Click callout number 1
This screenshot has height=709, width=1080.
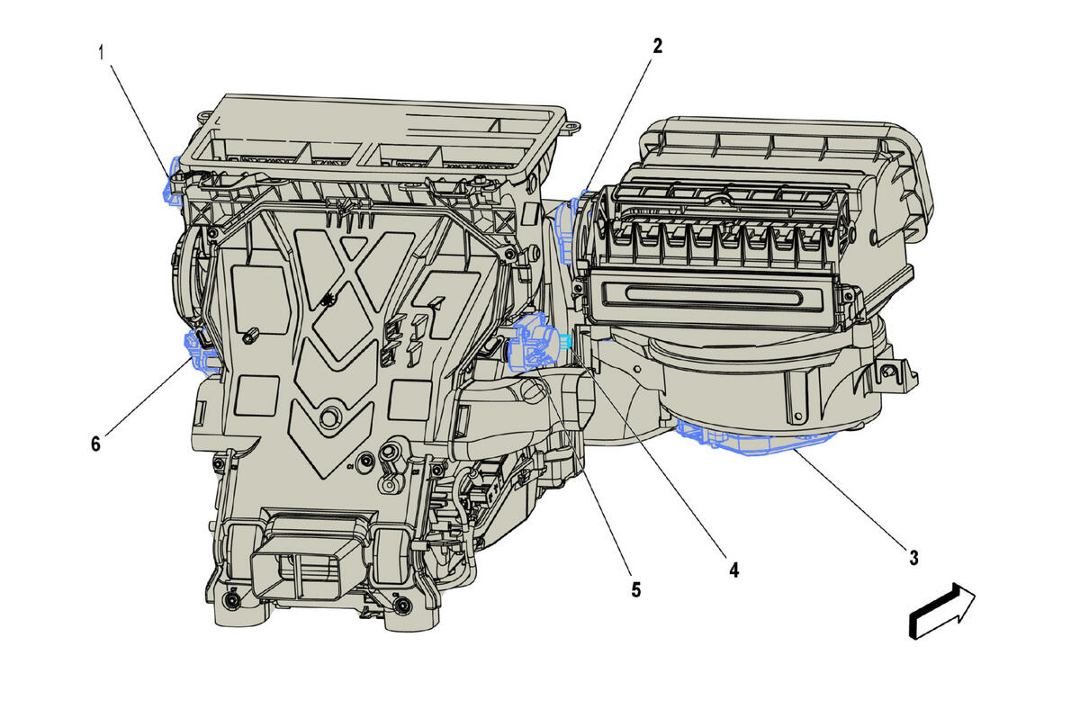point(101,52)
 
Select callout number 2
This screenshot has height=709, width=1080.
point(658,46)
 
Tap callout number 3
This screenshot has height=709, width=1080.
point(913,558)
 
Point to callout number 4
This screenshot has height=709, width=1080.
point(733,570)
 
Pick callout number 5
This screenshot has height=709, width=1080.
point(636,590)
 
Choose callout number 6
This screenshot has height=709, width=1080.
point(95,444)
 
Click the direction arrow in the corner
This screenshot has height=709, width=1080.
point(941,611)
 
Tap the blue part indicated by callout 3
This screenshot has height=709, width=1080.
point(752,437)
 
